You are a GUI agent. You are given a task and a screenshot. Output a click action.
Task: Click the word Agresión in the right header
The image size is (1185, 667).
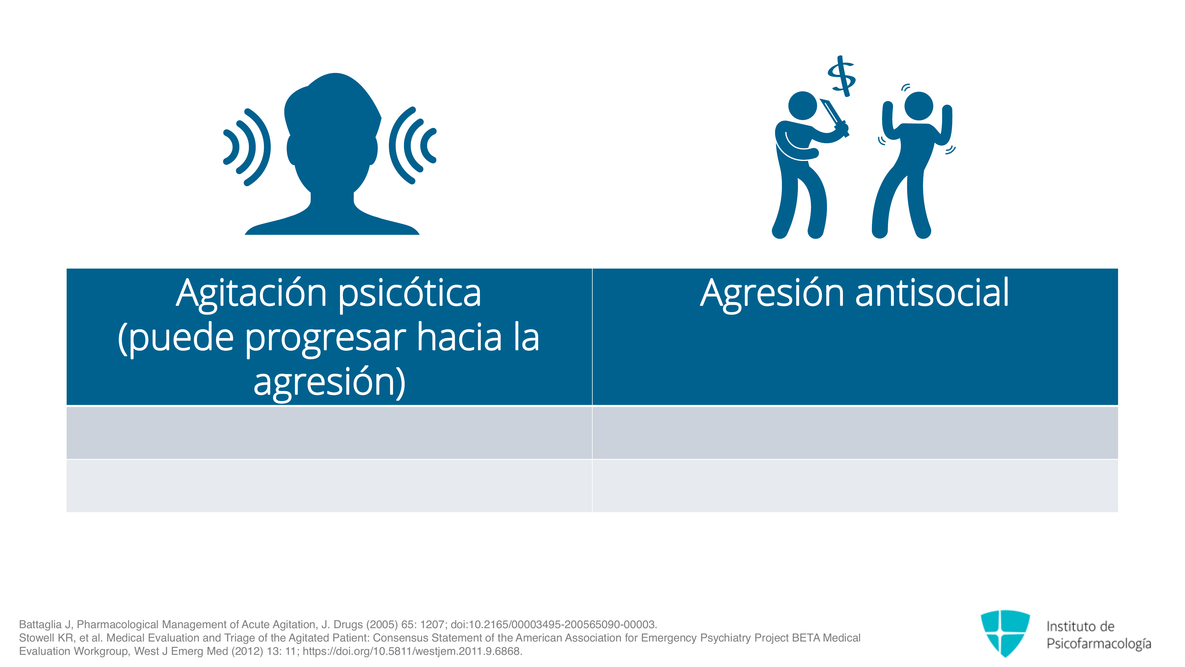click(x=772, y=295)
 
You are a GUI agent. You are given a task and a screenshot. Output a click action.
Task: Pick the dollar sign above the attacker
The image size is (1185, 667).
click(x=841, y=76)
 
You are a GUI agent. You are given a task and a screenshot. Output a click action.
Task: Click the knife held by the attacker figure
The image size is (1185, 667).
click(x=834, y=117)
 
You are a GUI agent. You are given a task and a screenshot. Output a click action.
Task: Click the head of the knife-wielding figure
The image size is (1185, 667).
click(x=803, y=106)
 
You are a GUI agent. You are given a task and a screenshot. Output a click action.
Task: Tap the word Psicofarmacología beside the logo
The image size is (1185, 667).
click(x=1099, y=644)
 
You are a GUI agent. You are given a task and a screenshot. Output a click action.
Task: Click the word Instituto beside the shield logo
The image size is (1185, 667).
click(x=1067, y=626)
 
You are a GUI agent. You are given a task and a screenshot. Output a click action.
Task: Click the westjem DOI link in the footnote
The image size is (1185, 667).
click(x=412, y=651)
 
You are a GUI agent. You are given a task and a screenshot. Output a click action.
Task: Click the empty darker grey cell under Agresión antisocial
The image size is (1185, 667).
click(x=855, y=433)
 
